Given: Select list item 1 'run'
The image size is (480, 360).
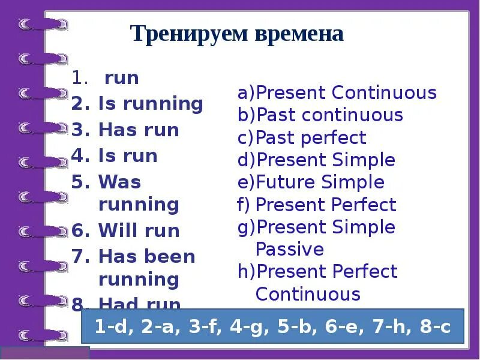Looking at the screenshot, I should click(x=121, y=78).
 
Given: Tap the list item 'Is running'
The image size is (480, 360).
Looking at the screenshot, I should click(x=150, y=104).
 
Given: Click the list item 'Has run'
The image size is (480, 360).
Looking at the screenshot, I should click(x=139, y=130).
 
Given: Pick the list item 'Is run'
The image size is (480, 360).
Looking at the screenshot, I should click(x=127, y=156).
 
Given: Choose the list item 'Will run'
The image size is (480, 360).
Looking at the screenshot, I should click(x=139, y=230).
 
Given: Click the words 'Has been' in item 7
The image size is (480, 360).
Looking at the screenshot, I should click(x=146, y=257).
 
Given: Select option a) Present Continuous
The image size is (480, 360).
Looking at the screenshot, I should click(x=337, y=93).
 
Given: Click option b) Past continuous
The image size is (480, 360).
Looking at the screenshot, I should click(x=320, y=115).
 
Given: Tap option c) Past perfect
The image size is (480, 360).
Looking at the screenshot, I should click(x=301, y=137).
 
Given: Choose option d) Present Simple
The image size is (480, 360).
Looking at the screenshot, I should click(x=316, y=160).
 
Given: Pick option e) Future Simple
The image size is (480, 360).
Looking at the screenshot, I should click(x=311, y=182).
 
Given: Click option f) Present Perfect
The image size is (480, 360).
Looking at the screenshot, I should click(x=317, y=205).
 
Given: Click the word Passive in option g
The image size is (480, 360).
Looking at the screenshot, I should click(x=289, y=249).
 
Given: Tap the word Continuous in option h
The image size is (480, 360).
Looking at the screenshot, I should click(x=308, y=294).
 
